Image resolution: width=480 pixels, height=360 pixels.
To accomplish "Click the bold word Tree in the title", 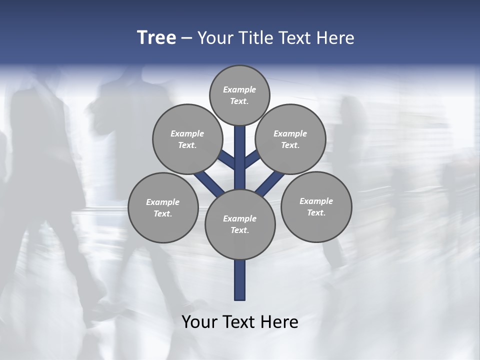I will pos(156,38).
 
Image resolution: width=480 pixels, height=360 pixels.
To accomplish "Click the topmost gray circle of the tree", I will pos(239,95).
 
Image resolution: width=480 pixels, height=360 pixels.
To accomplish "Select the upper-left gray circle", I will pos(187,139).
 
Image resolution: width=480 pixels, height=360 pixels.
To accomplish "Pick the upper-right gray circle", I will pos(290,139).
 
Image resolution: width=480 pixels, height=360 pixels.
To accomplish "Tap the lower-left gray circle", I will pos(163,207).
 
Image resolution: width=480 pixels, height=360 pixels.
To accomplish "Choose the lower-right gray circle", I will pos(316,206).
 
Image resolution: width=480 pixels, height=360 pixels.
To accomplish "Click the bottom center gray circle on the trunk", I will pos(240,224).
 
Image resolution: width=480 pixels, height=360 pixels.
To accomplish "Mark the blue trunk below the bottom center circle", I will pos(240,280).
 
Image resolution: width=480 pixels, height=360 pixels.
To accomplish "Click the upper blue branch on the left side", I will pos(227,159).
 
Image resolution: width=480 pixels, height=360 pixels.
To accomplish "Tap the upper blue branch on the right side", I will pos(252,159).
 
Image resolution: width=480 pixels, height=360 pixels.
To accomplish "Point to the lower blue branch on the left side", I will pos(209,183).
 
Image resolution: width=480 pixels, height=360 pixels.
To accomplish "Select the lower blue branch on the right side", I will pos(270,184).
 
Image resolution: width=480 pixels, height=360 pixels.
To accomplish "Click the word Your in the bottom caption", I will pos(199,322).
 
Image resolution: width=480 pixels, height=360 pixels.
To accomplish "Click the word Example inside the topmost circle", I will pos(239,90).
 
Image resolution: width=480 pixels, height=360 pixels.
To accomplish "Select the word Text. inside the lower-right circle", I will pos(316,212).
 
